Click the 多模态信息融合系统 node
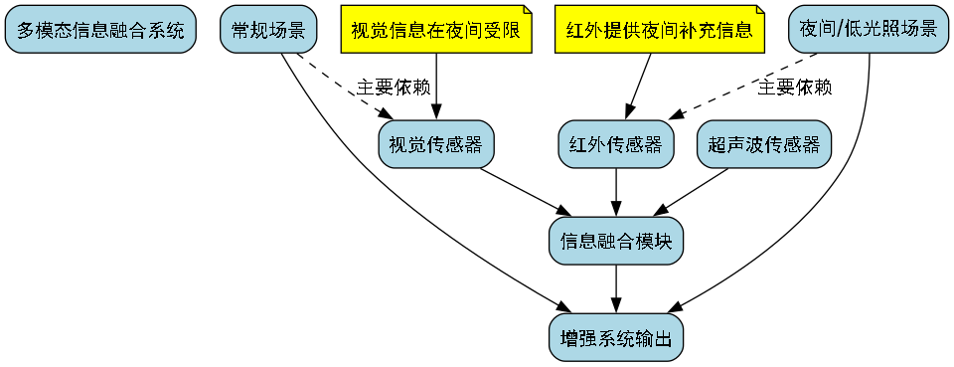pos(100,30)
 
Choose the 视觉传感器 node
pos(436,145)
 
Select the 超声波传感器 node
pos(764,145)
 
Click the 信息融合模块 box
pos(616,241)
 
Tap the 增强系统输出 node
pos(616,338)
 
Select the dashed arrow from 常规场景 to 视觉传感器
pos(343,89)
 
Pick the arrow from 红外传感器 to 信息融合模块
pos(616,192)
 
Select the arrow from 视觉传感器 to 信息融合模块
pos(525,193)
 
